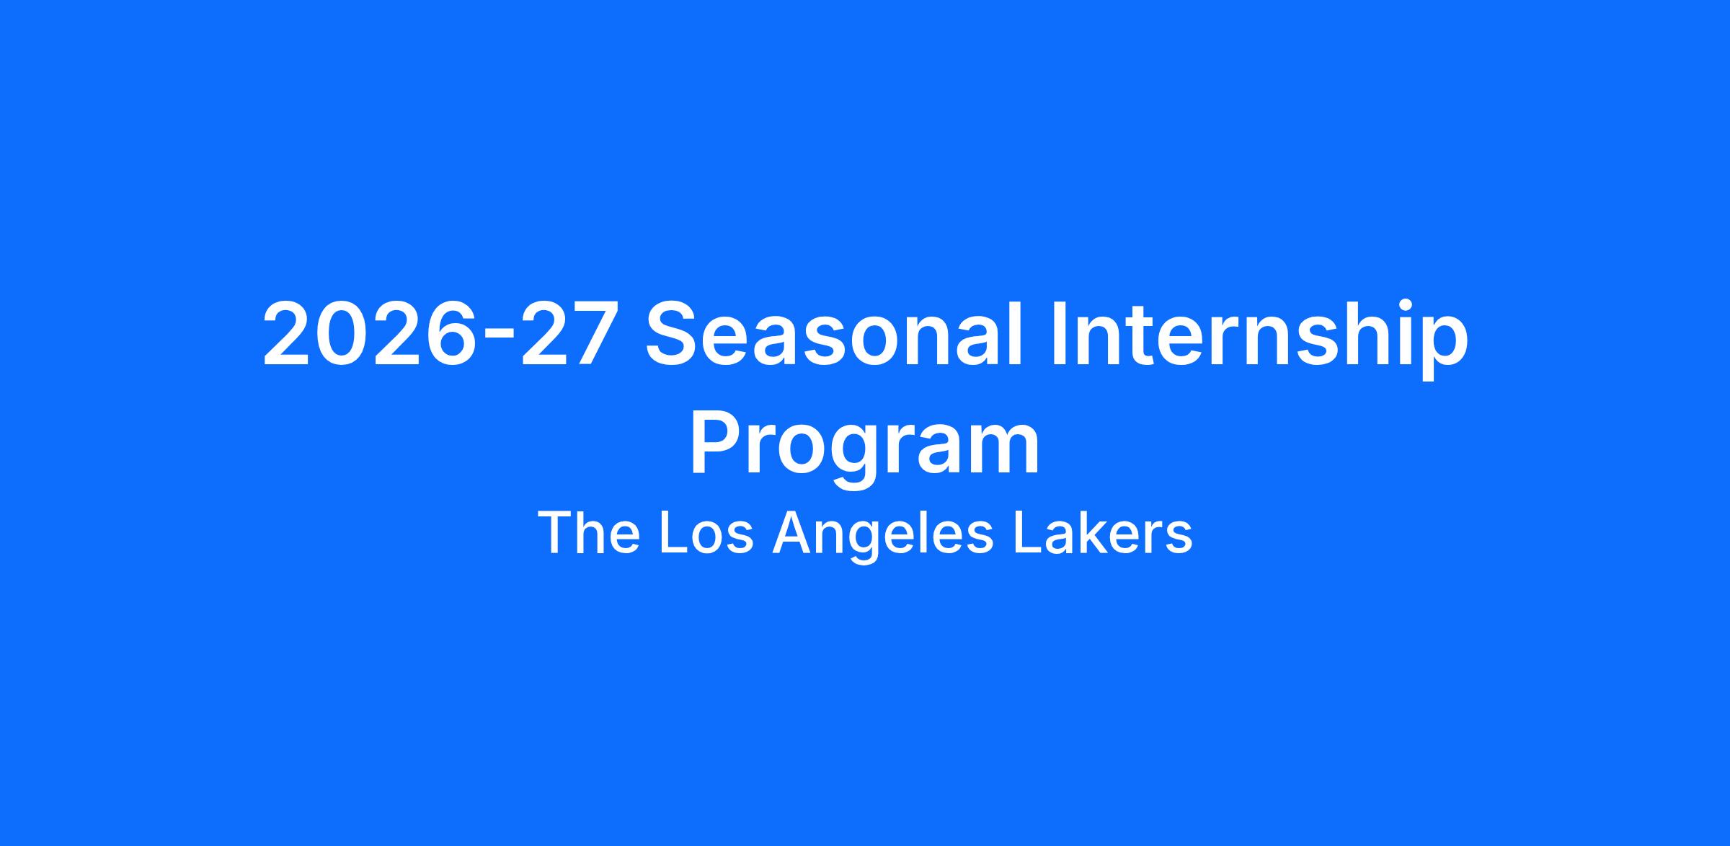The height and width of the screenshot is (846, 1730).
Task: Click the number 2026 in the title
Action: point(368,334)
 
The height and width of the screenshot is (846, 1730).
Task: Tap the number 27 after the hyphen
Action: point(565,334)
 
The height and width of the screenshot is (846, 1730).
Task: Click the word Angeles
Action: point(884,537)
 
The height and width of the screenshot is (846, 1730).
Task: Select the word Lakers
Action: point(1104,533)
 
